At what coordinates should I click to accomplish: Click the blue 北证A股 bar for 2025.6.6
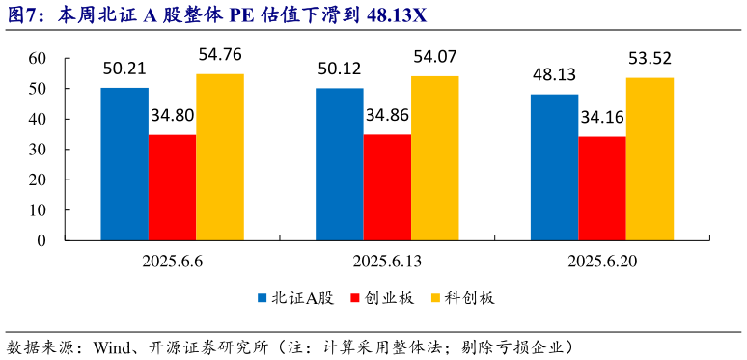(124, 164)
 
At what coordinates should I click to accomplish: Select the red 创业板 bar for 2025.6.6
(172, 187)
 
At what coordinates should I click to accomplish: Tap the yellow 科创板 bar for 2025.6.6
(220, 157)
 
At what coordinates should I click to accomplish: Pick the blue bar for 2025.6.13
(340, 164)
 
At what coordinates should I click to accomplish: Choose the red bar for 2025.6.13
(387, 187)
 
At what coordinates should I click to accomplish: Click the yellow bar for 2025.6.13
(435, 158)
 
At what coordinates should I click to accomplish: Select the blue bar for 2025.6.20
(555, 167)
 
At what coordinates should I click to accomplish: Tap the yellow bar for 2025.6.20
(650, 159)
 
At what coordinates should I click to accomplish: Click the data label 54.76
(220, 54)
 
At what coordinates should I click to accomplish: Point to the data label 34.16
(602, 119)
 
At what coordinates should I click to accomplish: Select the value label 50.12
(340, 69)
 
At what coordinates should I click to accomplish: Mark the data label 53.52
(650, 58)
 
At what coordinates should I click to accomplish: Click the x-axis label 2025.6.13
(387, 262)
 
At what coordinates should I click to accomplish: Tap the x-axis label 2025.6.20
(602, 262)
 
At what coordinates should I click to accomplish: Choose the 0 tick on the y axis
(42, 241)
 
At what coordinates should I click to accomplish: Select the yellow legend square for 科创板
(435, 298)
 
